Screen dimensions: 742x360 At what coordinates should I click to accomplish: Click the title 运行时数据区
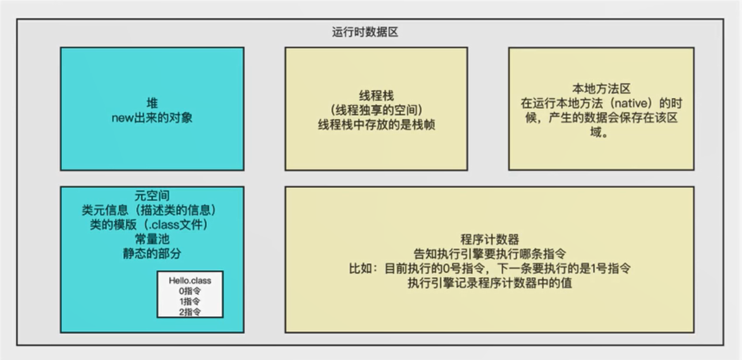point(365,32)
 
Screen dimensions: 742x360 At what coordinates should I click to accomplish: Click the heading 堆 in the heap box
point(152,104)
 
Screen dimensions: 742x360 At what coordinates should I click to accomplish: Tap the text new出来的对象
point(152,118)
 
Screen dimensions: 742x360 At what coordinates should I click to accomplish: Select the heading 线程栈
point(376,95)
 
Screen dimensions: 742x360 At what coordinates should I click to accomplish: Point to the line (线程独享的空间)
point(376,109)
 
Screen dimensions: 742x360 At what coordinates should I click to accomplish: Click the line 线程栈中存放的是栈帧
point(376,124)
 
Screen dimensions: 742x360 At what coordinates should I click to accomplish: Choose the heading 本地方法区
point(601,89)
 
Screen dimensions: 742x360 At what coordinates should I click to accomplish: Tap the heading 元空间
point(152,196)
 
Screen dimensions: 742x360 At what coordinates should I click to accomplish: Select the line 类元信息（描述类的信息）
point(152,211)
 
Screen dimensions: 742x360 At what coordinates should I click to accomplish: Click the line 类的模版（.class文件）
point(152,225)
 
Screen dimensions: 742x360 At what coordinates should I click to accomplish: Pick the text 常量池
point(152,240)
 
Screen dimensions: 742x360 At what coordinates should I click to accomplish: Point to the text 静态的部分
point(152,254)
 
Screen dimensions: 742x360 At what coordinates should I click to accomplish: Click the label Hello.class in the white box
point(190,281)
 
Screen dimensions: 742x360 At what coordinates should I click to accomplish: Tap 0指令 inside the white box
point(190,291)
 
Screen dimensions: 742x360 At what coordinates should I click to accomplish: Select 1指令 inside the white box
point(190,301)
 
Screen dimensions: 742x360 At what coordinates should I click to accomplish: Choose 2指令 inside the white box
point(190,312)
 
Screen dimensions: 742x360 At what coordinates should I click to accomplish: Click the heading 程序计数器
point(490,239)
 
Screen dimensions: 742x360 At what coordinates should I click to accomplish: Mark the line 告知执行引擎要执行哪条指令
point(490,254)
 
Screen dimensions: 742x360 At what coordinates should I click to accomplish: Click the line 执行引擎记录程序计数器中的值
point(490,283)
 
